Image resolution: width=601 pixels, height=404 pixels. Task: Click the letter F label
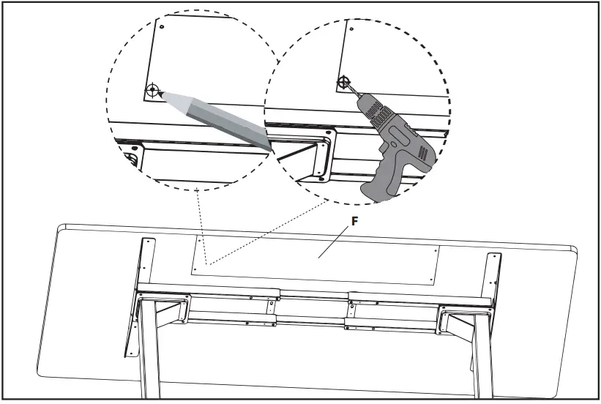(354, 222)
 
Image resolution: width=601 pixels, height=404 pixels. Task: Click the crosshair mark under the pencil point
(152, 91)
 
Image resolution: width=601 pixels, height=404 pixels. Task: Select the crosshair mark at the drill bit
(343, 83)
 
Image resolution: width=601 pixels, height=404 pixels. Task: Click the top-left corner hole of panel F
(198, 239)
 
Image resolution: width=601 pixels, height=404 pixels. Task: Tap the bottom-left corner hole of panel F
(194, 269)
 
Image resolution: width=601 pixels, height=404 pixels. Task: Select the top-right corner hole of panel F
(438, 250)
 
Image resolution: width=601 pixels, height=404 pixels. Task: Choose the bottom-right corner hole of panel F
(432, 279)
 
